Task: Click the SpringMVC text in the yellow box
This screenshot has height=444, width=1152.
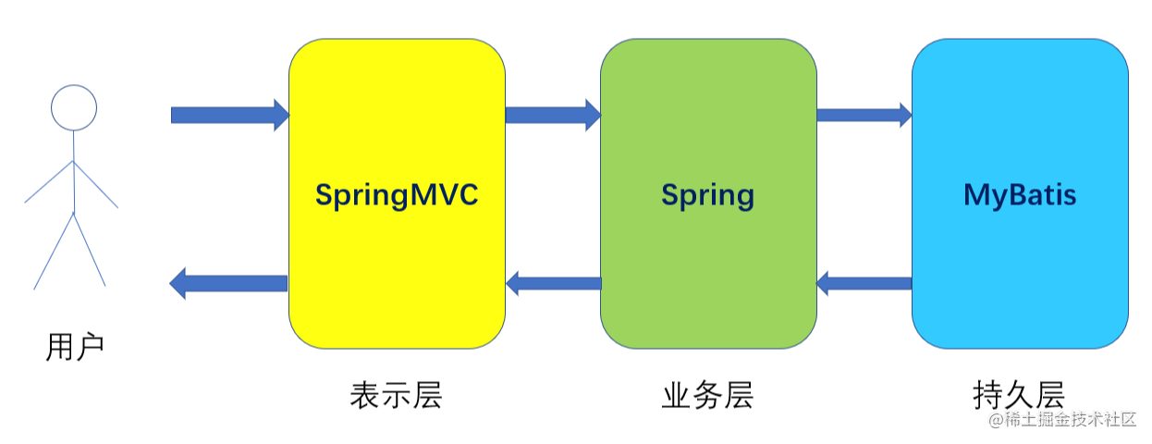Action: pyautogui.click(x=397, y=195)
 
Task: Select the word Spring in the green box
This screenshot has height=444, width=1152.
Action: pyautogui.click(x=707, y=195)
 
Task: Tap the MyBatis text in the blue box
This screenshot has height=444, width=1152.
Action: pyautogui.click(x=1020, y=195)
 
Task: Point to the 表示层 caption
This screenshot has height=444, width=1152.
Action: pyautogui.click(x=396, y=395)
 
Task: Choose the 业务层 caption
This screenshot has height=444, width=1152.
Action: pyautogui.click(x=707, y=395)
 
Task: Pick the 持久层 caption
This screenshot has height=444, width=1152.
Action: pyautogui.click(x=1019, y=395)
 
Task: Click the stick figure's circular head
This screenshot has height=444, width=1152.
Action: pyautogui.click(x=73, y=107)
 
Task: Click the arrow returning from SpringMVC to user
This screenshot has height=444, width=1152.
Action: pyautogui.click(x=229, y=283)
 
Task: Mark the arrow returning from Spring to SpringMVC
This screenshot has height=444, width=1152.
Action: pyautogui.click(x=553, y=283)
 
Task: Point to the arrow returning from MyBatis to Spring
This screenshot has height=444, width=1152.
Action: pyautogui.click(x=864, y=283)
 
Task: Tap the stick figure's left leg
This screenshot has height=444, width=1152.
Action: pyautogui.click(x=54, y=252)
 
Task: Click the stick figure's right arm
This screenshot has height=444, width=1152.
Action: pyautogui.click(x=96, y=185)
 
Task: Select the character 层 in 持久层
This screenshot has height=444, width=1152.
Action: pyautogui.click(x=1050, y=395)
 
